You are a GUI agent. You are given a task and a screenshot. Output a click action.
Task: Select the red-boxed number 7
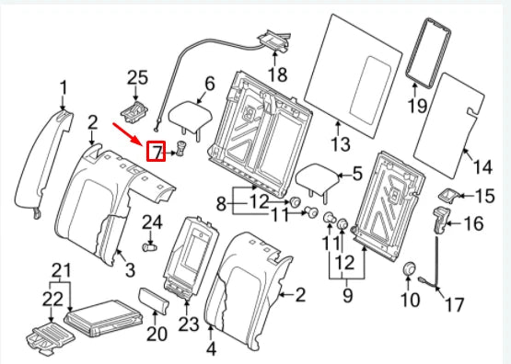[x=157, y=151]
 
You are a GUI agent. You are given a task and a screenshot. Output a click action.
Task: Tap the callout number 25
[x=137, y=79]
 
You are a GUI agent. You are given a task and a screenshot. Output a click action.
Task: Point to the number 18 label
[x=277, y=74]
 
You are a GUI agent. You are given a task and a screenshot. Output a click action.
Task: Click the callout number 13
[x=341, y=144]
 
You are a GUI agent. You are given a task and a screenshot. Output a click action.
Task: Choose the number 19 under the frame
[x=418, y=107]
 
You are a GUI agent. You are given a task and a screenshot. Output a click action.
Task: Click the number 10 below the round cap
[x=408, y=300]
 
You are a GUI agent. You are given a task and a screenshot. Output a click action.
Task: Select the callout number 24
[x=152, y=222]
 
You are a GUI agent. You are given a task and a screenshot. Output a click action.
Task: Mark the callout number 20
[x=157, y=332]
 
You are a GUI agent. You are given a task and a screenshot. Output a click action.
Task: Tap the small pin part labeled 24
[x=149, y=246]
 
